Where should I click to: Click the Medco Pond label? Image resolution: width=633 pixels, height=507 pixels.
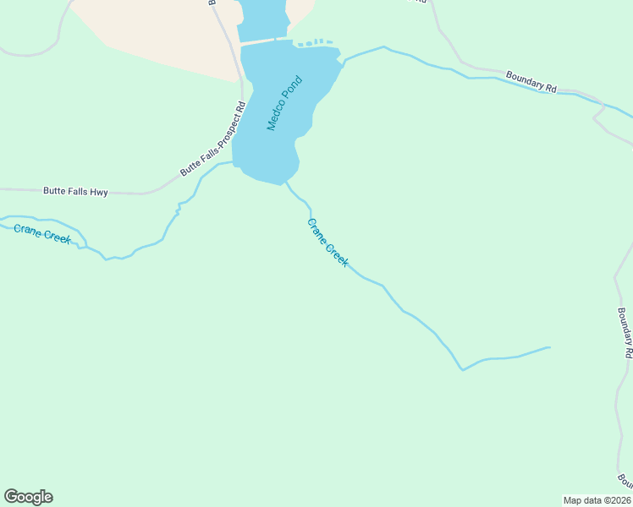pos(284,103)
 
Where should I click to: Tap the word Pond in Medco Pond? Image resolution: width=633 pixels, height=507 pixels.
pos(293,89)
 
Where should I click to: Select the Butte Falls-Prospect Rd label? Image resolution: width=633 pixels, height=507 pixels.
pos(212,139)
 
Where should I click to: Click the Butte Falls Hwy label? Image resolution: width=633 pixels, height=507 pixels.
pos(75,193)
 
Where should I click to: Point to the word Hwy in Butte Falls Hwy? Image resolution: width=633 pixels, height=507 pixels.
pos(99,193)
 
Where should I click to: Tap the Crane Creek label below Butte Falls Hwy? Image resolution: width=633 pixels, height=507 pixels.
pos(42,233)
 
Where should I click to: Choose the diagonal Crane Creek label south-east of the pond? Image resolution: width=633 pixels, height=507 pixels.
pos(328,243)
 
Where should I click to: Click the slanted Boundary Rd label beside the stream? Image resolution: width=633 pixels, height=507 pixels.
pos(531,81)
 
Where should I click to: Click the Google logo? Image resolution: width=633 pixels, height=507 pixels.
pos(28,497)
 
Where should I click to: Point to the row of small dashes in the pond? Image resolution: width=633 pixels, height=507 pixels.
pos(314,41)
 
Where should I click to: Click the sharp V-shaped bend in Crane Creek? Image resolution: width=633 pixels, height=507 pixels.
pos(462,369)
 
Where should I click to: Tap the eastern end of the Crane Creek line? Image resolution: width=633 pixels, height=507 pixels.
pos(549,347)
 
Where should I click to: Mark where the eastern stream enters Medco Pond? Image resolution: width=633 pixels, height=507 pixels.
pos(344,60)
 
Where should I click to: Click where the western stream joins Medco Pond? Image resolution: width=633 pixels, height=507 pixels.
pos(233,162)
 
